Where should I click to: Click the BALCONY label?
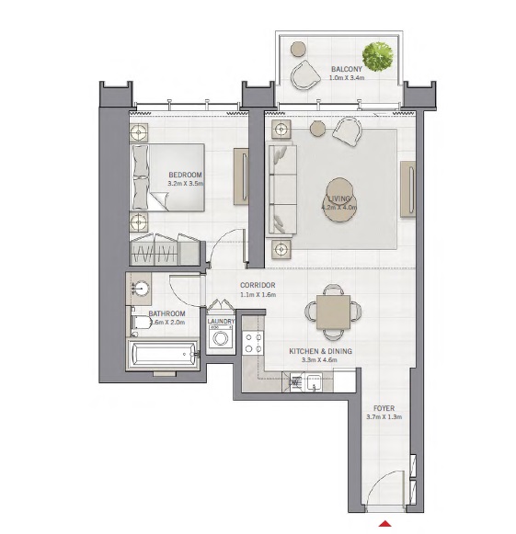point(347,69)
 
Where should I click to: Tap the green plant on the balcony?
point(375,54)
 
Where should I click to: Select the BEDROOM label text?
point(186,175)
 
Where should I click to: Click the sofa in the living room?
point(281,188)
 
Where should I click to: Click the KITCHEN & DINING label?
point(321,351)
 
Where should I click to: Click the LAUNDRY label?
point(222,322)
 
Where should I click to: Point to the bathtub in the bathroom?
point(163,354)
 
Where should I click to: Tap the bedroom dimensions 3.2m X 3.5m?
point(186,184)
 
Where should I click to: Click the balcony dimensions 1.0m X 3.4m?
point(347,78)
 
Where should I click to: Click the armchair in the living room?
point(348,132)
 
